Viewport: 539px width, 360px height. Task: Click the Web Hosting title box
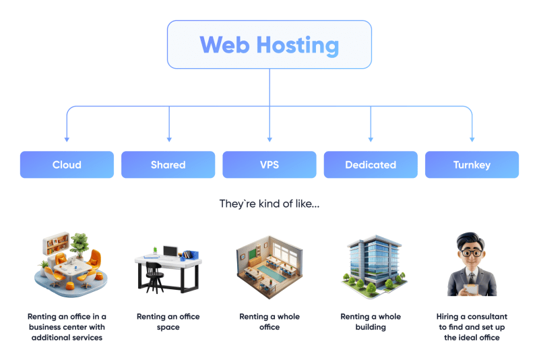click(269, 44)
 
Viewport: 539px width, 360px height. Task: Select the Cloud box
click(67, 164)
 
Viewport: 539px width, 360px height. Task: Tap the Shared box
click(168, 164)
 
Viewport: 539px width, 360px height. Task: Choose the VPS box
click(269, 164)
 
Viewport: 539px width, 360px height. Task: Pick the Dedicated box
click(371, 164)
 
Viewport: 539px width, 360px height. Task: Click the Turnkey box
click(472, 164)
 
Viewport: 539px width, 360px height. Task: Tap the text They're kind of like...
click(269, 203)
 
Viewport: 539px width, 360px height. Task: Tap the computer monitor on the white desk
click(170, 252)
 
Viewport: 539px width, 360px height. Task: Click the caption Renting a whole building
click(371, 322)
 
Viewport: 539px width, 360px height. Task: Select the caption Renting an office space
click(168, 322)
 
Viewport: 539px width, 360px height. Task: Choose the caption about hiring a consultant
click(472, 327)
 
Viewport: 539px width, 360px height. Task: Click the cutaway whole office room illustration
click(269, 266)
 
